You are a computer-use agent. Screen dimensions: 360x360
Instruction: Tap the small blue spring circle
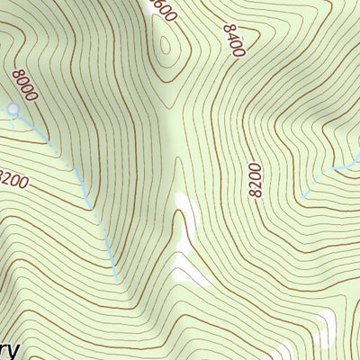pos(13,110)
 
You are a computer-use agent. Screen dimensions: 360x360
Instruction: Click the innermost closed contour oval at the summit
pos(166,45)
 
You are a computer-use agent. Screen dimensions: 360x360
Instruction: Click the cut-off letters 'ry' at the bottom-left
pos(11,349)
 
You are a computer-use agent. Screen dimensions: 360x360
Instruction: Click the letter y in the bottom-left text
pos(15,350)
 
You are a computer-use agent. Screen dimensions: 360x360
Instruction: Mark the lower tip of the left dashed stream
pos(118,280)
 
